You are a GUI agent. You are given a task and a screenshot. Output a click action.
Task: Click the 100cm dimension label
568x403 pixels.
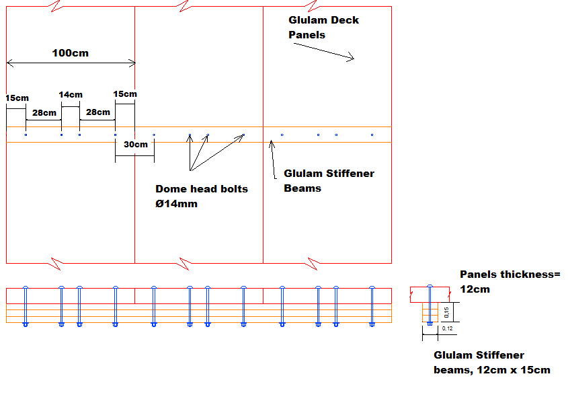tap(70, 52)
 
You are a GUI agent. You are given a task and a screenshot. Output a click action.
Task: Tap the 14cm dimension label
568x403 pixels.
tap(71, 95)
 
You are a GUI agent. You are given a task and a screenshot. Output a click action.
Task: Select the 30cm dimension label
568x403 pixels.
tap(135, 145)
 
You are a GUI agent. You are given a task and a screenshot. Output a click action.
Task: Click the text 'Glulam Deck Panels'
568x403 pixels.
tap(323, 28)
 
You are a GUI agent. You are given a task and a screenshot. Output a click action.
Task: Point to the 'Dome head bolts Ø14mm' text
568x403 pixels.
tap(202, 196)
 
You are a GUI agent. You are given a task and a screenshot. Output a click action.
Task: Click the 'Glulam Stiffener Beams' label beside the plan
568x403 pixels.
tap(329, 180)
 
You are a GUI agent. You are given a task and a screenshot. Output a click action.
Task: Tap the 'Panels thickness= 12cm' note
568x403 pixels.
tap(510, 281)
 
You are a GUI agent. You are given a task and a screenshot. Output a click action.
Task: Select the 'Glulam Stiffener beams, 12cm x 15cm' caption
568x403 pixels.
tap(491, 362)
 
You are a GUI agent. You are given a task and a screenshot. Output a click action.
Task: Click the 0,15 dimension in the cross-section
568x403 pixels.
tap(447, 312)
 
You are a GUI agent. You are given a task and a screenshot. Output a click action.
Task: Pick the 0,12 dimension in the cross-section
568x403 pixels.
tap(447, 328)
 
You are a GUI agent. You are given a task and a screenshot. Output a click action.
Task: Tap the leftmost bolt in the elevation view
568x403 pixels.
tap(26, 306)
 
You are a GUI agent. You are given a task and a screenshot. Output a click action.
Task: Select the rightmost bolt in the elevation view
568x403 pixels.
tap(372, 306)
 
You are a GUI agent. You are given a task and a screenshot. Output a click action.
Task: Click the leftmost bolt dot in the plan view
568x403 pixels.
tap(26, 135)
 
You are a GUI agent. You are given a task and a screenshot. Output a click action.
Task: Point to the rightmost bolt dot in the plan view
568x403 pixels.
tap(372, 135)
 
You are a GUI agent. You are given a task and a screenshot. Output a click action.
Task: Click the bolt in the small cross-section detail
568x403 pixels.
tap(430, 306)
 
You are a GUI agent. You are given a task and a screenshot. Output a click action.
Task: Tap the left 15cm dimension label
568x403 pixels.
tap(17, 98)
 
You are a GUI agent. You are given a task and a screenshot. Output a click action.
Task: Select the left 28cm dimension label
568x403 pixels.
tap(44, 112)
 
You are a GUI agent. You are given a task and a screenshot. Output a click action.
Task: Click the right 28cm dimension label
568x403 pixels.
tap(97, 112)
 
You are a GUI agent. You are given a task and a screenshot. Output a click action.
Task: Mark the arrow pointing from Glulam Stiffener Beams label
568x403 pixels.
tap(274, 159)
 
